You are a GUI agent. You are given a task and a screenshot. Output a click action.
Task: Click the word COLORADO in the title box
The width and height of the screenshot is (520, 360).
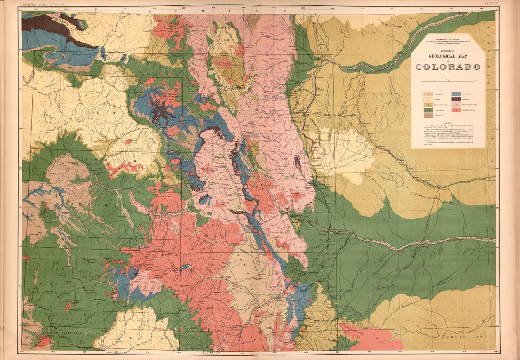click(448, 67)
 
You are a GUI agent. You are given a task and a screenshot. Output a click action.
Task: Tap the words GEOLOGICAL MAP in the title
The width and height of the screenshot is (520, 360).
click(448, 57)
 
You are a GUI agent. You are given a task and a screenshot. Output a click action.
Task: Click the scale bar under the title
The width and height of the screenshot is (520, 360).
click(448, 82)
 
